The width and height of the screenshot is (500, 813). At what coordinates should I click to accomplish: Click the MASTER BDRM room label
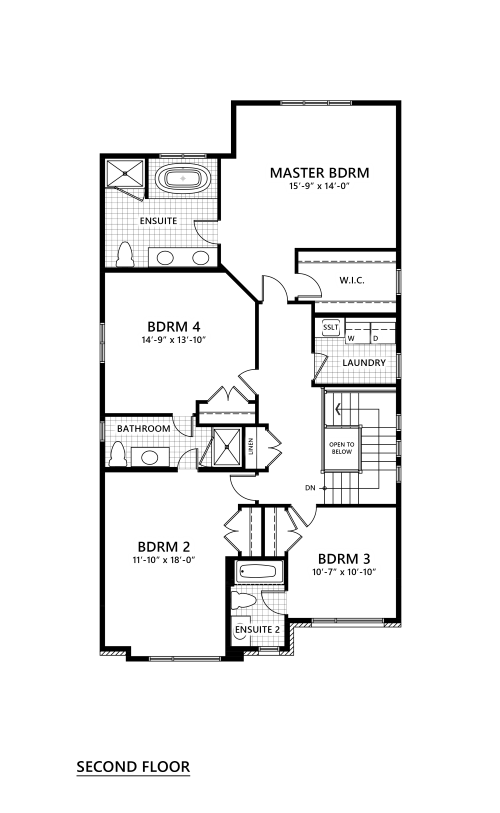(320, 173)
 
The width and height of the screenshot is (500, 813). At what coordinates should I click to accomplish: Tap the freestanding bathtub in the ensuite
(183, 179)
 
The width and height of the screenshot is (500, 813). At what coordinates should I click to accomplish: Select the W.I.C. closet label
(352, 280)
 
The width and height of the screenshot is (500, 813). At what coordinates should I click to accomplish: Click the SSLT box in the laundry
(330, 328)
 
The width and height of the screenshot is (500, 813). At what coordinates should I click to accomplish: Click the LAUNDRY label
(364, 363)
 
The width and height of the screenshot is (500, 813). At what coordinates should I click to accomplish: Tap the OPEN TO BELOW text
(342, 448)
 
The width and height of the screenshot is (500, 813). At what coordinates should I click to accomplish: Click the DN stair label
(310, 488)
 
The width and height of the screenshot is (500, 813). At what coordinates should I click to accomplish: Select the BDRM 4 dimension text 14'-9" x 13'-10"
(174, 341)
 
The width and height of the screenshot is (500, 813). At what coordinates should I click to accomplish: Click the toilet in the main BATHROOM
(118, 454)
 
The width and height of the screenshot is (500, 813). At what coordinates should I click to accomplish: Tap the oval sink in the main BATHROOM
(150, 457)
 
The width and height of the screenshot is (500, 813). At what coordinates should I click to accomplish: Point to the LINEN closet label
(251, 446)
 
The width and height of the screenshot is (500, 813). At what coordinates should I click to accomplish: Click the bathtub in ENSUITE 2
(258, 572)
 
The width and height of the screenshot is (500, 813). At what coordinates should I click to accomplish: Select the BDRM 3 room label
(344, 559)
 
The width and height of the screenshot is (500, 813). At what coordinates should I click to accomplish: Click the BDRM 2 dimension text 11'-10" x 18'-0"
(164, 560)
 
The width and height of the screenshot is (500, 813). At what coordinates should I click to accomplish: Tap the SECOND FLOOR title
(133, 766)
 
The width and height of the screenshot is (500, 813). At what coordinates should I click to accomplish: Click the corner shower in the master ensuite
(125, 173)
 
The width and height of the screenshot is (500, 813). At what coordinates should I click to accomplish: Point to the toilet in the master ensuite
(124, 254)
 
